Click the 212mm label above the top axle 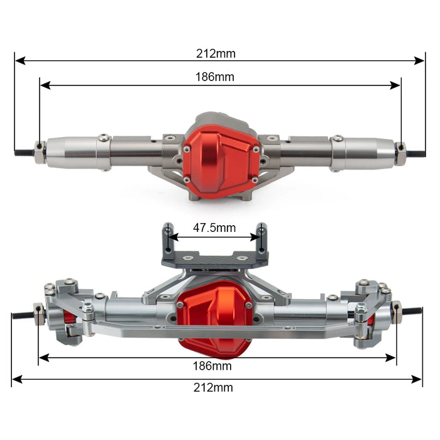point(215,53)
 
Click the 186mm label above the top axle point(215,77)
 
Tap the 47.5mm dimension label point(215,228)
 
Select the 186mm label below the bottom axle point(215,366)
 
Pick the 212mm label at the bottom point(215,388)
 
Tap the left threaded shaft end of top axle point(25,152)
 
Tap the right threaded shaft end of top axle point(415,153)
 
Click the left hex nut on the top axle point(40,152)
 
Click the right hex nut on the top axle point(400,153)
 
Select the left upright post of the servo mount point(167,236)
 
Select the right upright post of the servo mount point(261,235)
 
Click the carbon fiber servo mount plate point(214,258)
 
